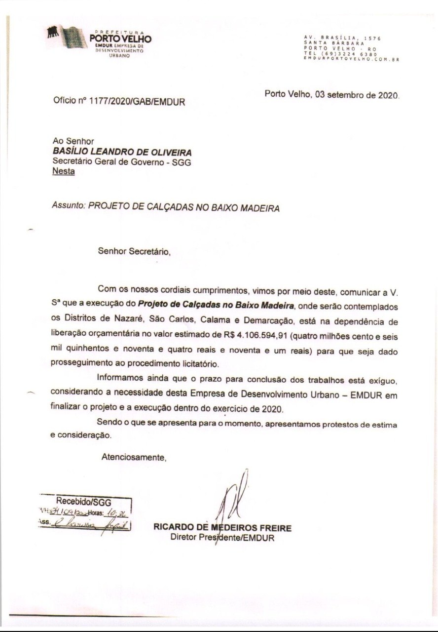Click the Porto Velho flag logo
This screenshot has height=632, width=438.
click(x=67, y=37)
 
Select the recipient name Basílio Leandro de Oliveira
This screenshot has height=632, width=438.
click(x=122, y=152)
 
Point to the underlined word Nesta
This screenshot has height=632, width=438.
click(x=64, y=171)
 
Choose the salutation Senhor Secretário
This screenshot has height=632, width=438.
click(x=134, y=251)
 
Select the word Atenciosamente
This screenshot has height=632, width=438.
click(x=134, y=457)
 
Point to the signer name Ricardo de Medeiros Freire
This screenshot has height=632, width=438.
click(x=222, y=528)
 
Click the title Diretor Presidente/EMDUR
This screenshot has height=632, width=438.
click(x=222, y=538)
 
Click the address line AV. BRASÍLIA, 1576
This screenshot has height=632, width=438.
click(x=342, y=38)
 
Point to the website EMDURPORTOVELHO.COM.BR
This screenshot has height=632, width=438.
click(x=351, y=59)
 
